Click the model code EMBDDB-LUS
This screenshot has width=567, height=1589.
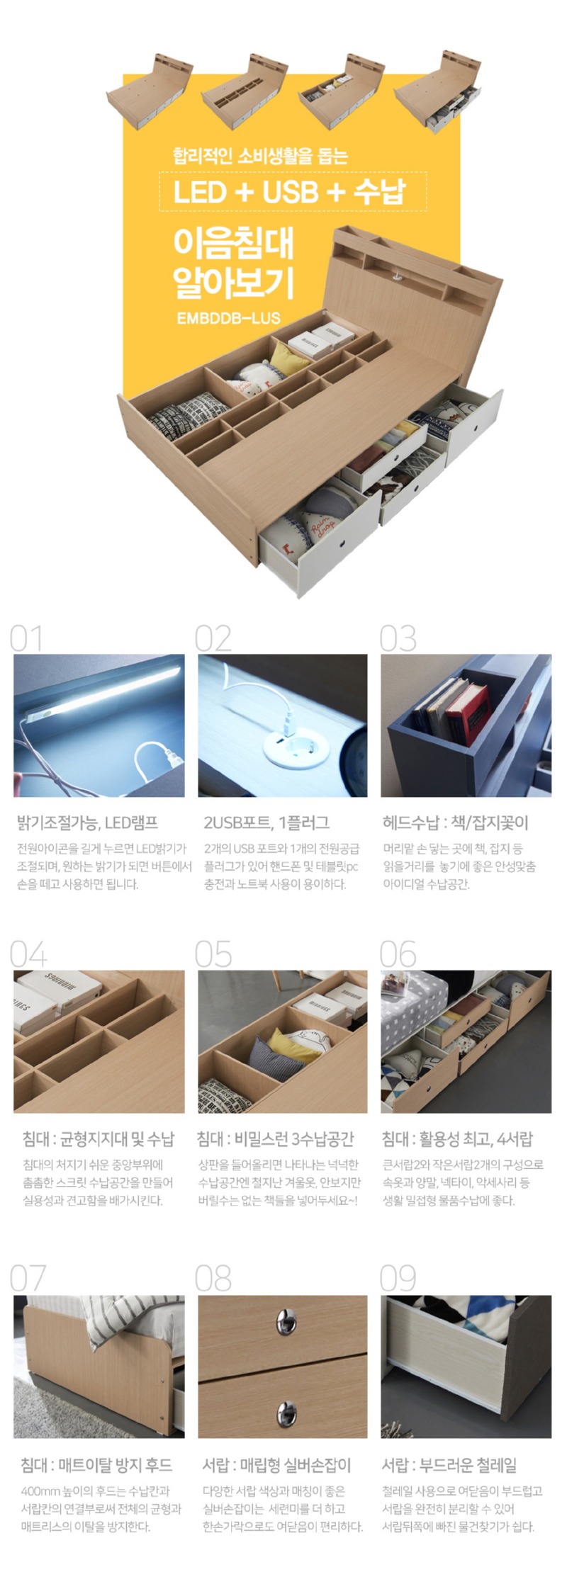click(x=228, y=318)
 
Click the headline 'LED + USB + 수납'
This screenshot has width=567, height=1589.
click(x=290, y=192)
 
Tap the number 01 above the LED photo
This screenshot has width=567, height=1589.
click(x=26, y=638)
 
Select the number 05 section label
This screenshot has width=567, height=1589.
click(x=213, y=954)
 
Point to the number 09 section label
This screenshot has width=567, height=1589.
click(x=398, y=1277)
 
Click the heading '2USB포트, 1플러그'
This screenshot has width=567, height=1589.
click(x=266, y=822)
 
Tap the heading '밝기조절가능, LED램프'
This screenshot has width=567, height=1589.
click(x=88, y=822)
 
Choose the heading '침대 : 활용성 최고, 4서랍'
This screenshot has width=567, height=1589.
click(x=457, y=1139)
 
